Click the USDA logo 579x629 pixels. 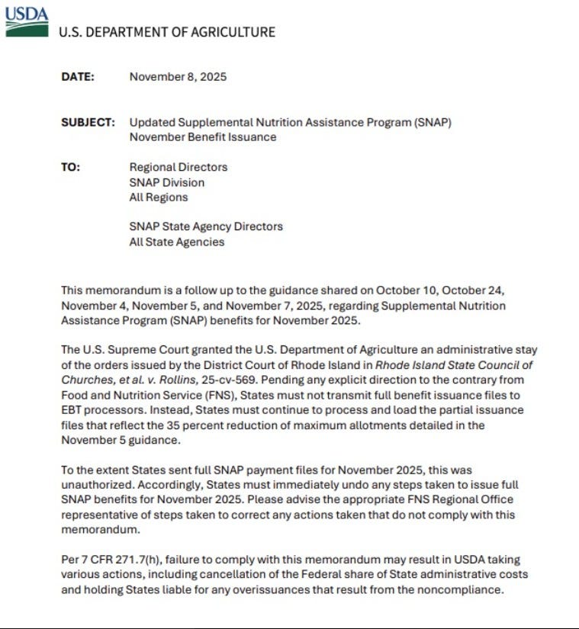tap(26, 21)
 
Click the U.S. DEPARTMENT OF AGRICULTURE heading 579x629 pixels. tap(167, 32)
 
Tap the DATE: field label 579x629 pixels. tap(78, 76)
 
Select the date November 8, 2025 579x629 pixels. tap(178, 76)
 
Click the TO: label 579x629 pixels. tap(70, 167)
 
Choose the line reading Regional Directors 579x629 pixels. tap(178, 167)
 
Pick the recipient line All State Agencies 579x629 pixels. tap(176, 242)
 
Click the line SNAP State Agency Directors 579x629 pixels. tap(206, 226)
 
